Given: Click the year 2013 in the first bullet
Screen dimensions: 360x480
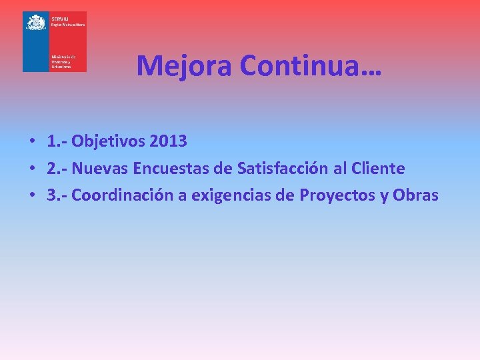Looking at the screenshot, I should pos(169,141).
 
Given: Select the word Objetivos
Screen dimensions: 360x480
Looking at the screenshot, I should pos(109,141).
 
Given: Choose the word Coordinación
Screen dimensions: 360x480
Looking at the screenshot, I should pos(129,195).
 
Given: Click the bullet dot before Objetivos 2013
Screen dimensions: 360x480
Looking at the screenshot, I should pos(32,142).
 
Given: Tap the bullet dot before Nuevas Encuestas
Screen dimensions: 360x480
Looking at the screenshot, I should pos(32,169).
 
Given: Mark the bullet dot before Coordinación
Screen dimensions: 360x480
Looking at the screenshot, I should pos(32,196).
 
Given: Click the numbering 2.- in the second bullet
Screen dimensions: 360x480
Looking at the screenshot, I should pos(57,169).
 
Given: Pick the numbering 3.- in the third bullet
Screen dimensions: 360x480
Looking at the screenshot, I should pos(57,195).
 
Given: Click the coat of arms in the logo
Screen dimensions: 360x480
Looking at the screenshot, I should pos(35,23).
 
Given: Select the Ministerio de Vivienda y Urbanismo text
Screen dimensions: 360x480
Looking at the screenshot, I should pos(64,62).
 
